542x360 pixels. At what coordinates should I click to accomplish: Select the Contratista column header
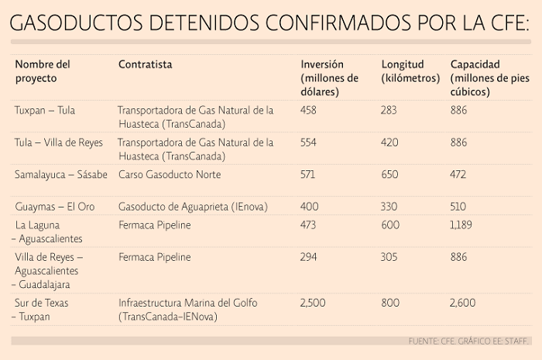click(x=145, y=64)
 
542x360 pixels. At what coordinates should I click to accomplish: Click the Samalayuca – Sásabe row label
click(x=60, y=175)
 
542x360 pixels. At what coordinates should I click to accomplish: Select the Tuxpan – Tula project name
click(x=45, y=110)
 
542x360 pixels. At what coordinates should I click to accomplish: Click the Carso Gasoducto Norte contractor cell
click(x=170, y=175)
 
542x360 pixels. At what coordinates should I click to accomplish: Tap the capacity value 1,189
click(x=463, y=225)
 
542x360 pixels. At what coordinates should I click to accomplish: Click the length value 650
click(x=389, y=175)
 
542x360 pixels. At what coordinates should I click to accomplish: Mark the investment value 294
click(x=309, y=257)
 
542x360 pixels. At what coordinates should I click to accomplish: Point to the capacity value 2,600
click(x=464, y=303)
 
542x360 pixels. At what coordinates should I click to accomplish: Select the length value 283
click(x=389, y=110)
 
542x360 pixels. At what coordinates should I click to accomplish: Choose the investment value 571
click(x=308, y=175)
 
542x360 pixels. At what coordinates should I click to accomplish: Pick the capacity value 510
click(x=459, y=207)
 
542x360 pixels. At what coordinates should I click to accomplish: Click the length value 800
click(x=389, y=303)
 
